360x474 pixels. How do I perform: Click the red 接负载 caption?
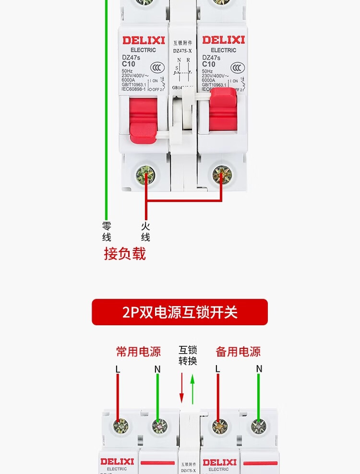tap(125, 254)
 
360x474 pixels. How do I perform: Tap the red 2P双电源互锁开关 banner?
tap(180, 312)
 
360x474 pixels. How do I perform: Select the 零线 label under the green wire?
tap(107, 231)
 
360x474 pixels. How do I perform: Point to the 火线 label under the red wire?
tap(145, 231)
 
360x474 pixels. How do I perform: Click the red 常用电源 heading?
tap(138, 352)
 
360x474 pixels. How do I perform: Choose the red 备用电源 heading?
tap(238, 352)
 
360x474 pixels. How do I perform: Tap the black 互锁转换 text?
tap(188, 355)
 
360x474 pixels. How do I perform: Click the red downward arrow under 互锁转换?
tap(181, 389)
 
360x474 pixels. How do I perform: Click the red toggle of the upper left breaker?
tap(143, 118)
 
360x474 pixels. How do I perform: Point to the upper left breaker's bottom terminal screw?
tap(146, 173)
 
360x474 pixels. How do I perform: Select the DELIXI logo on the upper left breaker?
tap(143, 40)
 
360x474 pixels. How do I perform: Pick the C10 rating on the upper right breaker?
tap(209, 64)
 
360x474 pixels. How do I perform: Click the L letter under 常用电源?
tap(118, 369)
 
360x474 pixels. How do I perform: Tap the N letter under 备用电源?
tap(259, 368)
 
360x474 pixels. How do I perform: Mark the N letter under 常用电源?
tap(157, 369)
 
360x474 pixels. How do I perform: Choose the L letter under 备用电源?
tap(218, 369)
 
